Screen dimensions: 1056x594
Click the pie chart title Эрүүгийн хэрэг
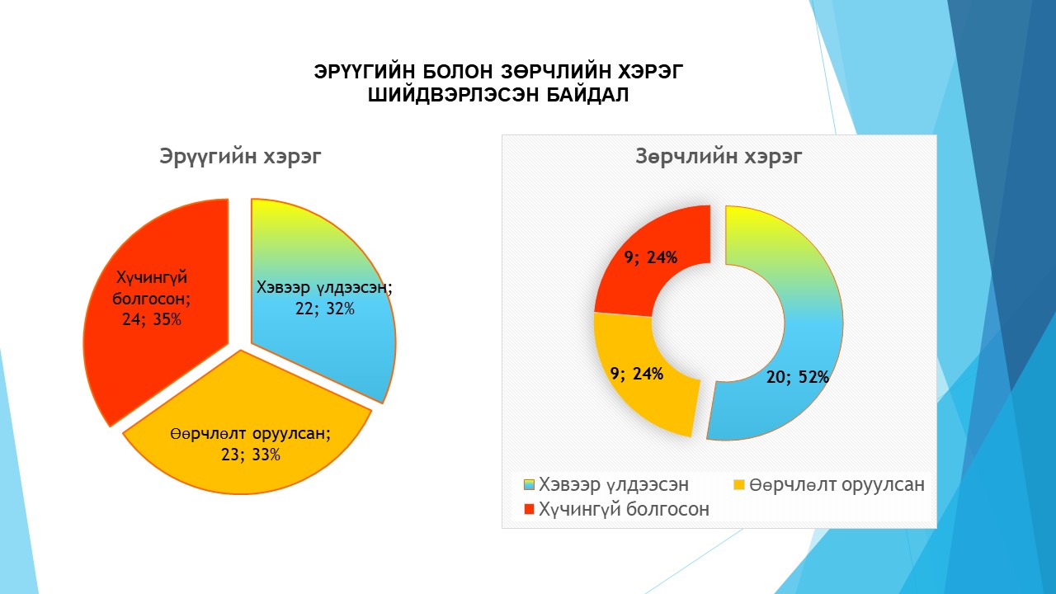(240, 156)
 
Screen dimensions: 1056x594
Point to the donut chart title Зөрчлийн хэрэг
(719, 156)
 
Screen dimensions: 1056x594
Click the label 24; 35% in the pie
(151, 319)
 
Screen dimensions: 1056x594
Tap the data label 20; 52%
(798, 377)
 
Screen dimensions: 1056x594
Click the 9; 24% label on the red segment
(651, 257)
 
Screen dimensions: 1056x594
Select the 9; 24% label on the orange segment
(637, 374)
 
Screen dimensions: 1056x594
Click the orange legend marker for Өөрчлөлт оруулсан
(739, 484)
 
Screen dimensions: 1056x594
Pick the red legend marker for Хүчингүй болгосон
(529, 509)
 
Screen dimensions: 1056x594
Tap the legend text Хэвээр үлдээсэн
(614, 484)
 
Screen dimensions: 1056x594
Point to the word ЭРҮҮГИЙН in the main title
(365, 72)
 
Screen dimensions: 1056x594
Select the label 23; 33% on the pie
(251, 455)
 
